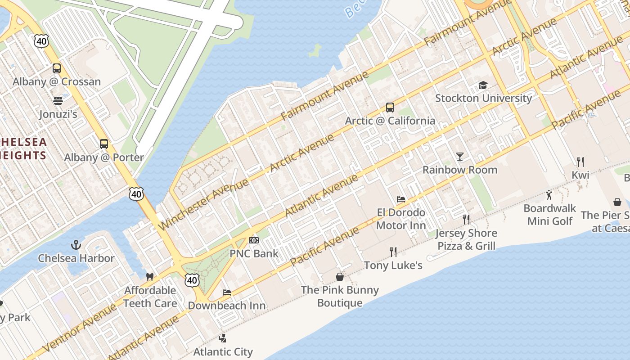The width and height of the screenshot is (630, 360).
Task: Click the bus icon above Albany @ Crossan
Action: (57, 68)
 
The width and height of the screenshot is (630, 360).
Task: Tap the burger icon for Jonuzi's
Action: (58, 100)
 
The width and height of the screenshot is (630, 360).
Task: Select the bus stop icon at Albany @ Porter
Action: (104, 144)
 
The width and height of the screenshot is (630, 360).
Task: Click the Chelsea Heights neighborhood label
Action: (23, 149)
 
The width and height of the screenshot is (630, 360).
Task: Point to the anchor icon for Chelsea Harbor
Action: (76, 245)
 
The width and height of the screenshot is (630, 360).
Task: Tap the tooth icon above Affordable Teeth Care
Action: (150, 277)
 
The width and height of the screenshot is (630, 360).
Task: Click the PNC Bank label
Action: (254, 253)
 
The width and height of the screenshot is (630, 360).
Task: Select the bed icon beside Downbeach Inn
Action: (227, 292)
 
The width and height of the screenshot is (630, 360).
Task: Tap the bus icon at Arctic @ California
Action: (390, 108)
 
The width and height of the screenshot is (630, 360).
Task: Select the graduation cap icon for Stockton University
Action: (483, 85)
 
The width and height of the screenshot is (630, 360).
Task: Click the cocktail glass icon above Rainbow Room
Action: (459, 157)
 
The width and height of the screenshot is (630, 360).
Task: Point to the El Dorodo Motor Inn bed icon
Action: (401, 199)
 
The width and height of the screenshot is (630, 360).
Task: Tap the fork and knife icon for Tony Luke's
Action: (393, 252)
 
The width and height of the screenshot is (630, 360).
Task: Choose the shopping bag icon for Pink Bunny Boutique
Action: (340, 276)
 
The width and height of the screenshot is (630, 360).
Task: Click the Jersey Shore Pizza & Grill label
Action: (466, 239)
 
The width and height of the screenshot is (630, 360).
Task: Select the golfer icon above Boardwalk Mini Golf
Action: (549, 195)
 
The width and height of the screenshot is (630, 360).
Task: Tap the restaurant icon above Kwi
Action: (580, 162)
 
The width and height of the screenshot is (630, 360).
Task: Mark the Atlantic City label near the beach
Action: (223, 351)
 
